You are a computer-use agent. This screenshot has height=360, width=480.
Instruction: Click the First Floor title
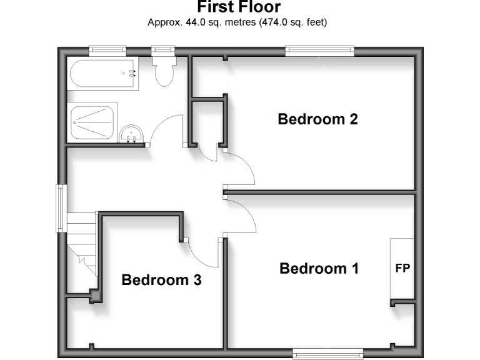[x=239, y=7]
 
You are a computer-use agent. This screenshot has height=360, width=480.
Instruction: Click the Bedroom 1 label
[x=319, y=269]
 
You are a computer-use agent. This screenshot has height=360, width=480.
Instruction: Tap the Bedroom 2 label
[x=317, y=119]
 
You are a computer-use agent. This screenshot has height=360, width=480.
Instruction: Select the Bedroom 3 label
[x=161, y=280]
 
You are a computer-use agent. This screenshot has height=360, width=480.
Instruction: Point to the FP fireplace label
[x=402, y=269]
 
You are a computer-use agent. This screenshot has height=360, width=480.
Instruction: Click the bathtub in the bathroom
[x=102, y=75]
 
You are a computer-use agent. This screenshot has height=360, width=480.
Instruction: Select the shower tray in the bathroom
[x=92, y=122]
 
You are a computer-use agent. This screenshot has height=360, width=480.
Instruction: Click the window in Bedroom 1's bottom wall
[x=328, y=353]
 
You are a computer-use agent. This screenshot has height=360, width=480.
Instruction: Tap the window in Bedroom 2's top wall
[x=320, y=51]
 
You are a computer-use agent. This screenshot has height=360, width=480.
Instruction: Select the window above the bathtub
[x=107, y=51]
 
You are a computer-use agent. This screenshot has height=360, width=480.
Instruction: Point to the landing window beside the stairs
[x=61, y=207]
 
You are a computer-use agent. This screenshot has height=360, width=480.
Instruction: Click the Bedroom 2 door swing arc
[x=241, y=169]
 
